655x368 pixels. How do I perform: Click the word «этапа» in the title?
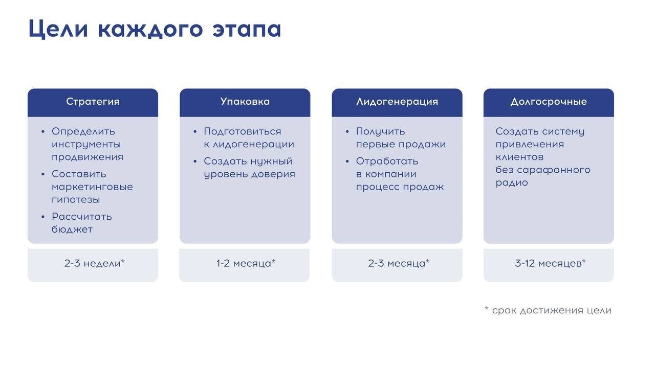(x=247, y=29)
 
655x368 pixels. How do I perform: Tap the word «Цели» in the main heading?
(x=58, y=29)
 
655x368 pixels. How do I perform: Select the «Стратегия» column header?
(x=93, y=102)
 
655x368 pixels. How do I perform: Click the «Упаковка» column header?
(x=245, y=101)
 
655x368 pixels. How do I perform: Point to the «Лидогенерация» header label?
(x=397, y=102)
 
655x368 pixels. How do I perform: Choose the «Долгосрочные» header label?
(x=549, y=102)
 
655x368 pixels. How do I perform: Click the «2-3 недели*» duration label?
(x=95, y=263)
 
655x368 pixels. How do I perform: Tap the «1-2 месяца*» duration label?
(x=246, y=263)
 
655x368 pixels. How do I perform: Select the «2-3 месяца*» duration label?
(x=399, y=263)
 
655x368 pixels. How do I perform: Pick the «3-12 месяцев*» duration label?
(x=550, y=263)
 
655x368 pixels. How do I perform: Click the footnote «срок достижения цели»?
(x=552, y=310)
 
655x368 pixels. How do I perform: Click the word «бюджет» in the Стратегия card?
(x=72, y=229)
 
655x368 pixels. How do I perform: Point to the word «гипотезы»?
(x=76, y=200)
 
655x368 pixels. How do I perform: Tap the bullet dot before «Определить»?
(x=43, y=132)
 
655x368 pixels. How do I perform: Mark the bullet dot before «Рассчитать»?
(x=43, y=217)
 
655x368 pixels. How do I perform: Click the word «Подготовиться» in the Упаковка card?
(x=243, y=132)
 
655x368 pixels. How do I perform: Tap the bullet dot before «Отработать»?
(x=347, y=161)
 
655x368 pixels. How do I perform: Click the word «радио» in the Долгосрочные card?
(x=511, y=183)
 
